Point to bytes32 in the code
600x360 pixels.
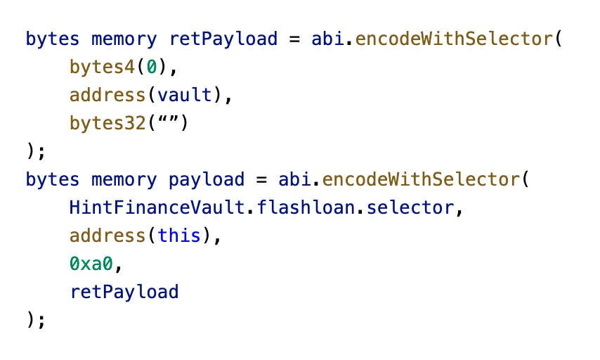pos(105,122)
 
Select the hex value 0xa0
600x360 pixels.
pos(91,264)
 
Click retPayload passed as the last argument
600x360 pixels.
pos(124,292)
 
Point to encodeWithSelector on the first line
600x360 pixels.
pos(451,38)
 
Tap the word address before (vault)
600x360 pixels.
pos(105,94)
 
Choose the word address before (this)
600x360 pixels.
pos(105,236)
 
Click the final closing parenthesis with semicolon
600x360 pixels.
pos(35,320)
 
